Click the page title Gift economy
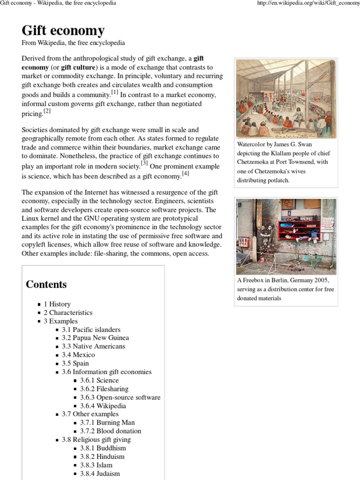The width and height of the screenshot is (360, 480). click(63, 30)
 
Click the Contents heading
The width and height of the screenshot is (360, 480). click(46, 284)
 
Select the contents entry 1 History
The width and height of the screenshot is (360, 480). click(57, 304)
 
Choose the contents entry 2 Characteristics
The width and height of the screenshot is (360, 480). click(68, 313)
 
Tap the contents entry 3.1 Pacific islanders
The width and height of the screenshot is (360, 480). click(91, 330)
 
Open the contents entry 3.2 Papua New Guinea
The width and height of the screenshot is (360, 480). click(95, 338)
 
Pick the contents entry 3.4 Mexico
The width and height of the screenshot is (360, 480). click(78, 355)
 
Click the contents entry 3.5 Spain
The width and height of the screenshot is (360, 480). click(75, 363)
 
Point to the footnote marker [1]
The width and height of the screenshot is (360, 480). click(114, 93)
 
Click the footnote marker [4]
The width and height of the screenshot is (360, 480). click(186, 173)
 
